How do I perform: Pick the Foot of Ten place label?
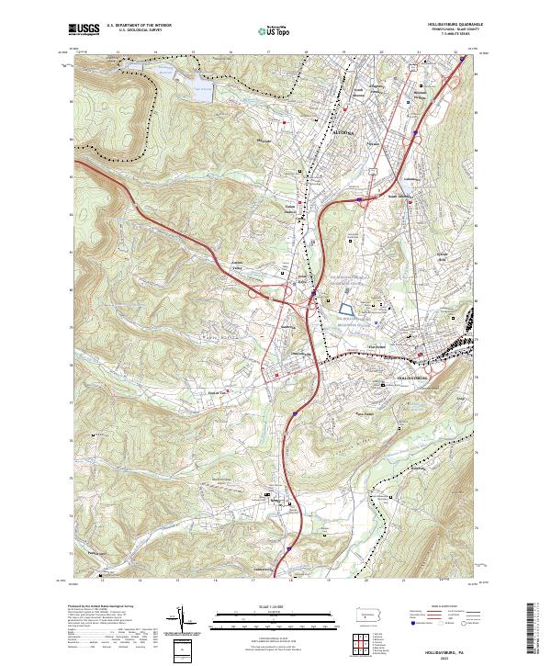pos(217,392)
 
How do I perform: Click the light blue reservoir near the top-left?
pos(201,91)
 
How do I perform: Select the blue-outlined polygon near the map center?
pos(345,312)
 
